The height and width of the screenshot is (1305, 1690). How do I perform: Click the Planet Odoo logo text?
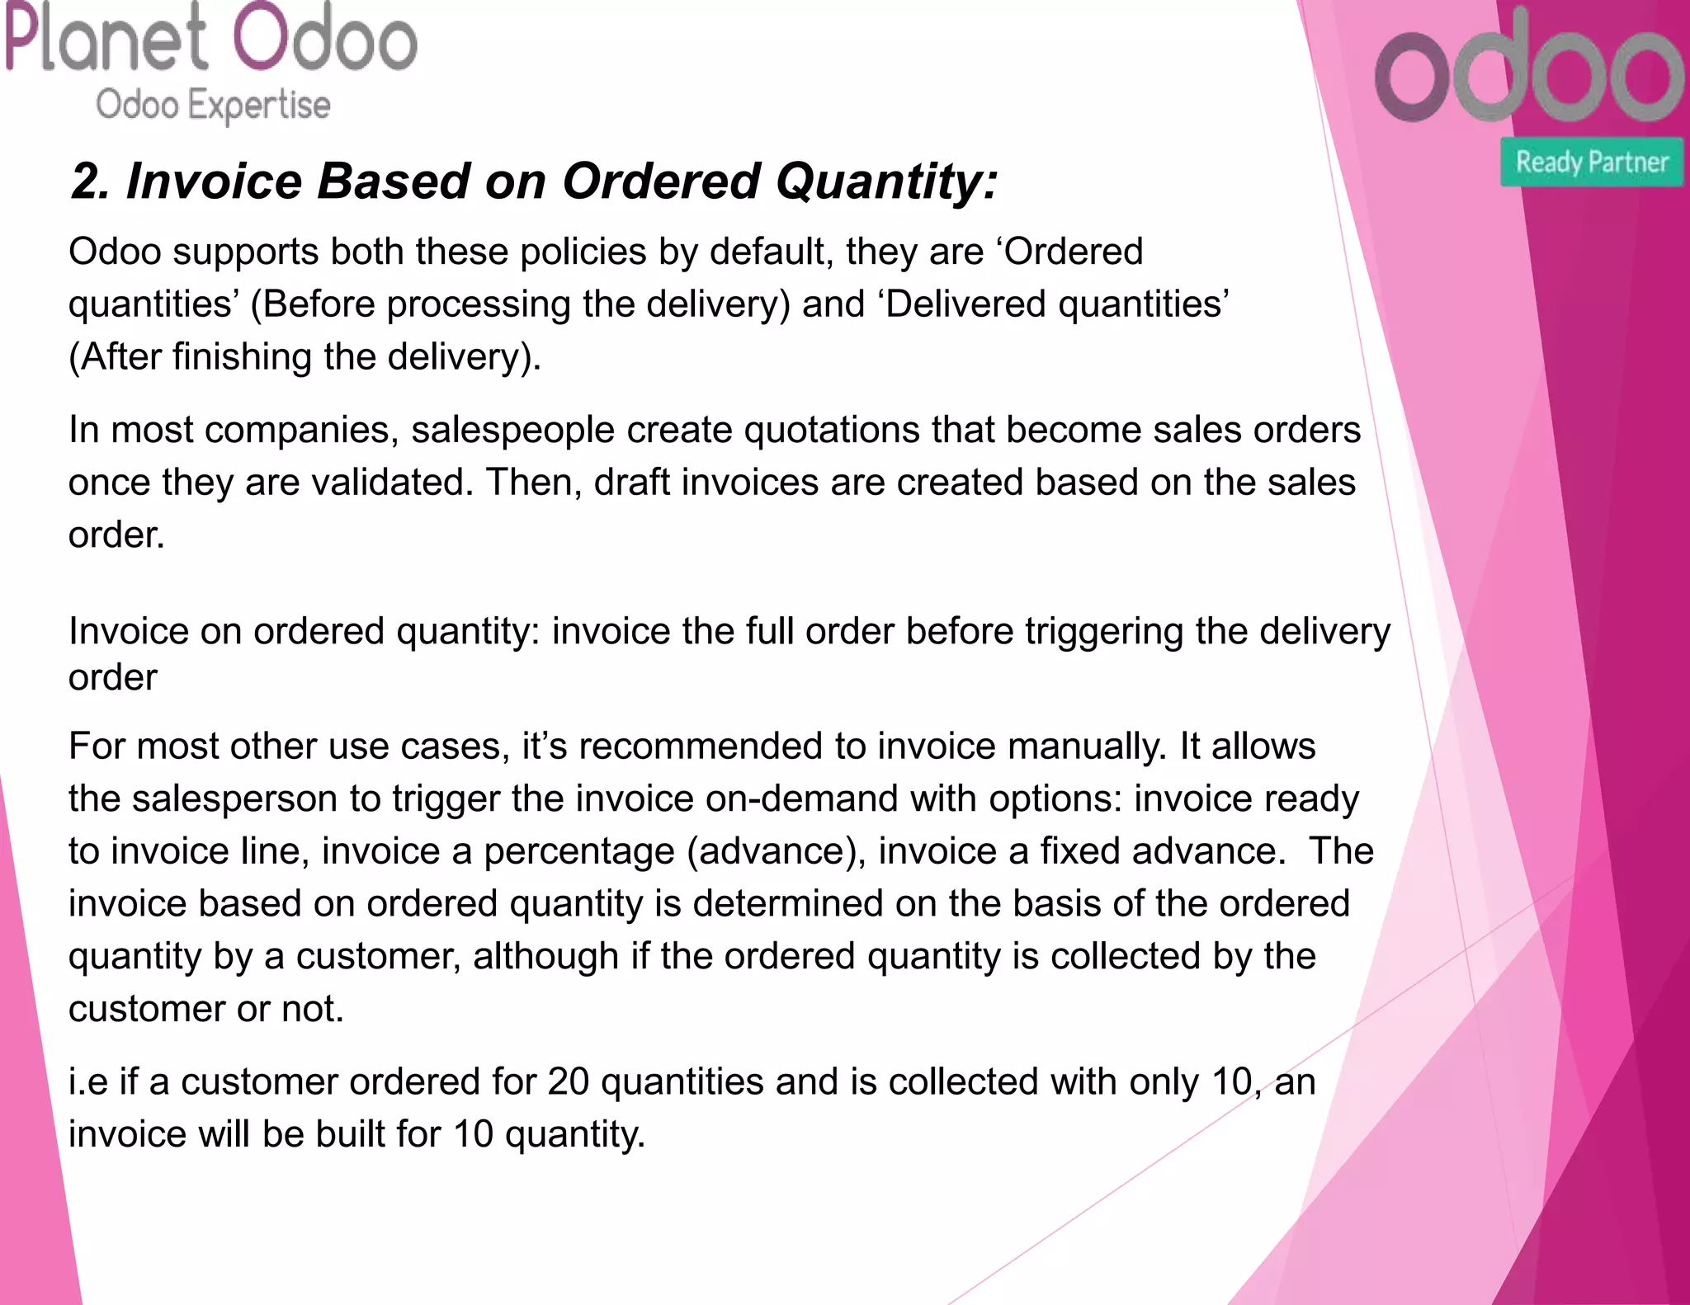point(211,38)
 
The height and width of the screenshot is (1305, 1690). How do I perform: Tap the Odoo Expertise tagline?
point(213,106)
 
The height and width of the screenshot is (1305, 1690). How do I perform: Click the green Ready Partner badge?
point(1592,162)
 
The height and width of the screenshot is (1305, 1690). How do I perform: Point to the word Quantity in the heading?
point(886,181)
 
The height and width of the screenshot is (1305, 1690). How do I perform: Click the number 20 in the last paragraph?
point(568,1082)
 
